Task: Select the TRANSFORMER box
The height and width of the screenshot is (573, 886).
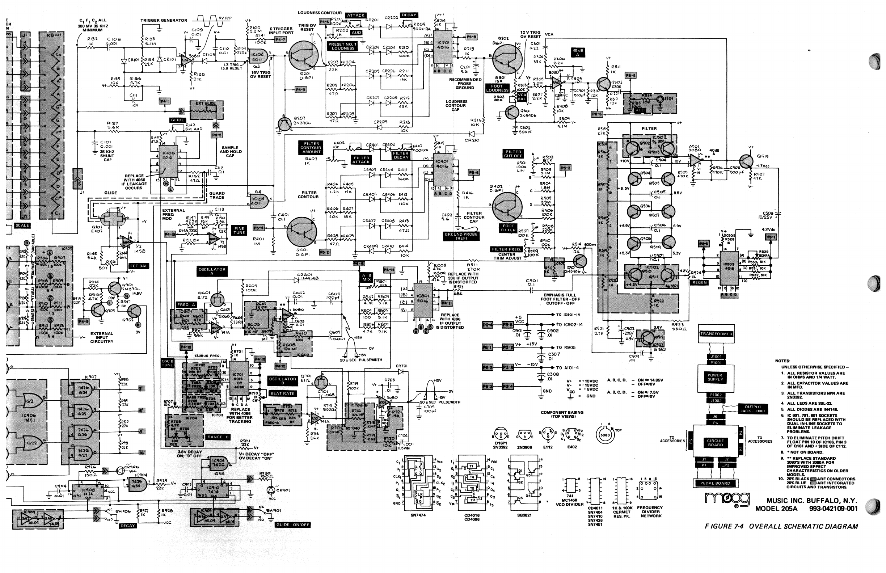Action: pos(716,334)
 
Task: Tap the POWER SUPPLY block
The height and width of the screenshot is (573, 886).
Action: pos(715,377)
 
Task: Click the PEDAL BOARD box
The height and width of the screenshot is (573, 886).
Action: pos(715,483)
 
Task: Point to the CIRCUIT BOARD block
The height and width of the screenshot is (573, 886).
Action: pos(715,442)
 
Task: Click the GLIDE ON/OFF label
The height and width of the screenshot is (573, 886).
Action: pos(293,524)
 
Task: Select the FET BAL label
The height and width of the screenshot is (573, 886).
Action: pos(139,266)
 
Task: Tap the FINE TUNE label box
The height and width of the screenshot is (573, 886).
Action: pos(239,230)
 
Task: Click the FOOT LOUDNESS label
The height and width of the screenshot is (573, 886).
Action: pos(497,88)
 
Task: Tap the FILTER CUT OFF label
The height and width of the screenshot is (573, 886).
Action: pos(513,154)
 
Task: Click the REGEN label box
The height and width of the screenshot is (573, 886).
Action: pos(699,282)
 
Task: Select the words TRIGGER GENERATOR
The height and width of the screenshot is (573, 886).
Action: pos(164,21)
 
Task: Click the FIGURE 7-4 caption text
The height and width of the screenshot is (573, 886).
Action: pos(781,526)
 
